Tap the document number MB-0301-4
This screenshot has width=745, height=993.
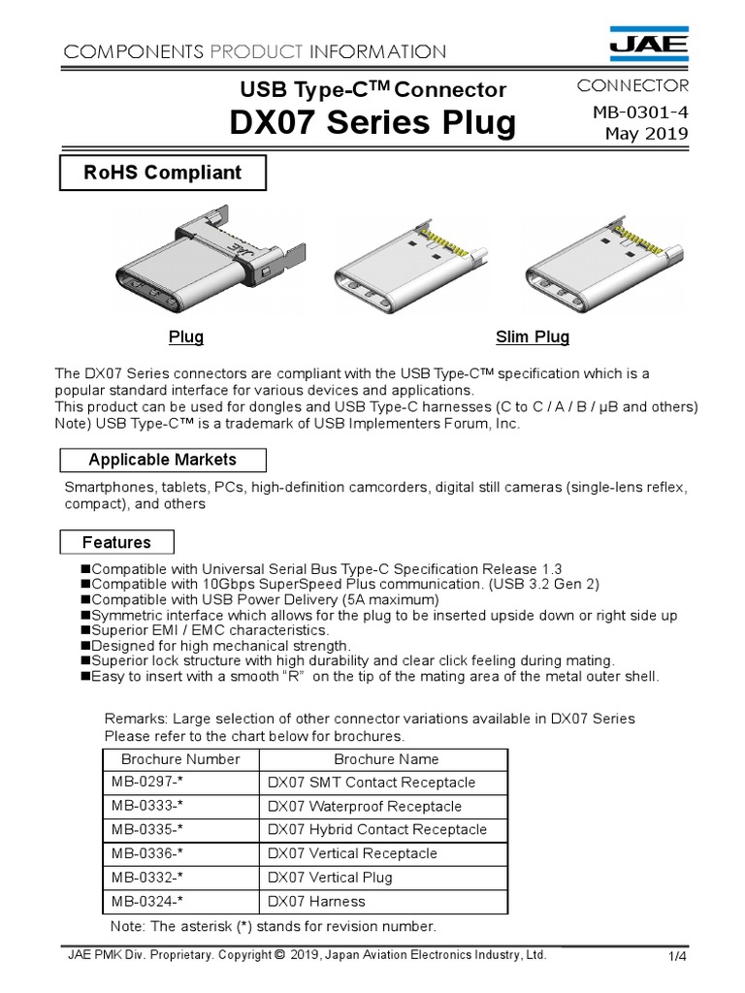click(640, 112)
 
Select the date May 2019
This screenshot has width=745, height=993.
click(646, 133)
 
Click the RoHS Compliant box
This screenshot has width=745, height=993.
click(162, 174)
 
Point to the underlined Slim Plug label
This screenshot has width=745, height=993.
click(533, 337)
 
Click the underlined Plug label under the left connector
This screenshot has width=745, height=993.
click(186, 337)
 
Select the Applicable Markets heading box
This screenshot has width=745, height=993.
click(162, 460)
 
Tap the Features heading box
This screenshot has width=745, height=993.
click(116, 542)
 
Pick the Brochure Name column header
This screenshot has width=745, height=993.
click(386, 759)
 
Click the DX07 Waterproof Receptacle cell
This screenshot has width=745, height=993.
click(365, 807)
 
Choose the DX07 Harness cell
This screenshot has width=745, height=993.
click(317, 902)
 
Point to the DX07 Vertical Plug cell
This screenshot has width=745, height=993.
click(330, 878)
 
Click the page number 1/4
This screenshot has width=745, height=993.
click(677, 957)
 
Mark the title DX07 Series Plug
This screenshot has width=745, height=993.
click(372, 123)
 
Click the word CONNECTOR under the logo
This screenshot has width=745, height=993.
click(632, 85)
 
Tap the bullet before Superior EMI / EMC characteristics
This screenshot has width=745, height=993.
click(85, 630)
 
